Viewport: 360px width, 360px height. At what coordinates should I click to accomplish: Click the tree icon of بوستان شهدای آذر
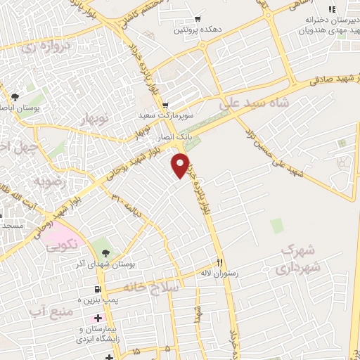105,252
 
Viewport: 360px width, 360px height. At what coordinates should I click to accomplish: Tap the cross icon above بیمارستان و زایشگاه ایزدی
96,319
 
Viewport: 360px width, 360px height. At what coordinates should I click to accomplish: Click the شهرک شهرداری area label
300,259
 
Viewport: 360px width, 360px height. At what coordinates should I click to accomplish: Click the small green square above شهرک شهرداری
276,226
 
